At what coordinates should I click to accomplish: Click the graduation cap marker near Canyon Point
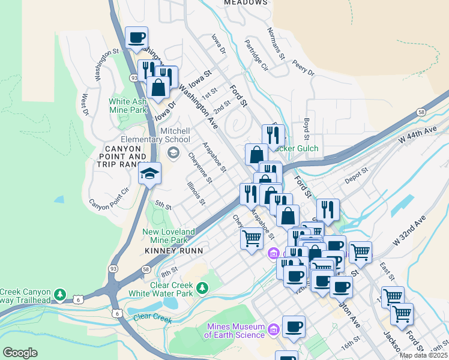tap(149, 174)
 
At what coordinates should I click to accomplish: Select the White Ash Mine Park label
tap(128, 106)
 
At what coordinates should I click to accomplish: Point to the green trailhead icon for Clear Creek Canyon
tap(59, 295)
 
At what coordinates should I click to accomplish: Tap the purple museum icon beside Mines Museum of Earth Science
tap(274, 329)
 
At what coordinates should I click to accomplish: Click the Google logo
tap(20, 353)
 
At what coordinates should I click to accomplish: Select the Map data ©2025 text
tap(424, 355)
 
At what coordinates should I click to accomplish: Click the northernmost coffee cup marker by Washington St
tap(136, 37)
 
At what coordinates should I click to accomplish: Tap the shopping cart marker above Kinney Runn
tap(252, 238)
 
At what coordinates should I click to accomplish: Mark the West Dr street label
tap(85, 104)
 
